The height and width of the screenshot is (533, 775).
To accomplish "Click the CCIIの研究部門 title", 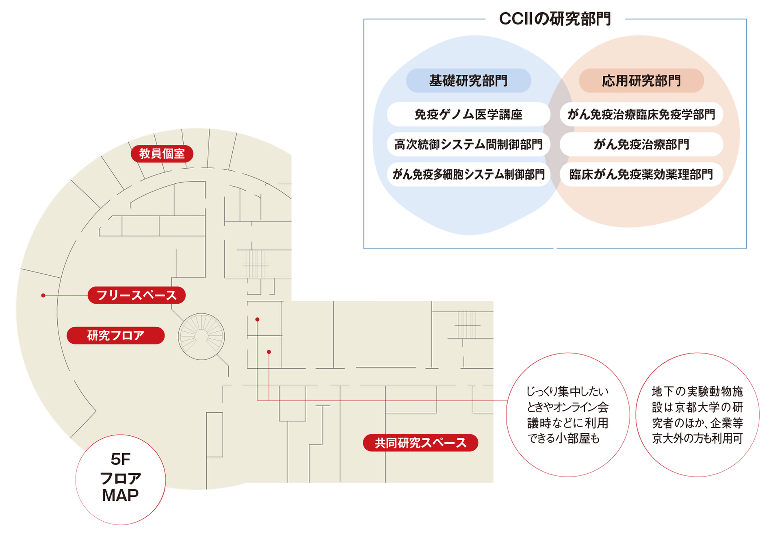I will click(x=554, y=19).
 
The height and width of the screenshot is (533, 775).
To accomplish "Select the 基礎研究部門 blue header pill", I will click(x=468, y=80).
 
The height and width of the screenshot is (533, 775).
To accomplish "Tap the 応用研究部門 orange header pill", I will click(x=641, y=80).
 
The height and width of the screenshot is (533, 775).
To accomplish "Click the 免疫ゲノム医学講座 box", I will click(x=468, y=114).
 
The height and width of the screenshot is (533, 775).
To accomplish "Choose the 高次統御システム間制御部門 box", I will click(x=468, y=144).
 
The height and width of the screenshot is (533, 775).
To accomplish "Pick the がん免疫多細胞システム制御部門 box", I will click(x=468, y=174).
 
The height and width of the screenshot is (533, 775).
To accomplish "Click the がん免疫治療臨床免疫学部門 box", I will click(x=641, y=114).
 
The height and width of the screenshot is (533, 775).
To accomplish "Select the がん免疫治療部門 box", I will click(x=641, y=144).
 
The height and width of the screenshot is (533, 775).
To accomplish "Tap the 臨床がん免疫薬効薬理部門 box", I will click(x=641, y=174).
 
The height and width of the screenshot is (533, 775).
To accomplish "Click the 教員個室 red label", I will click(x=162, y=154).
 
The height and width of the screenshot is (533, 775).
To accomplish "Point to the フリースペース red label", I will click(x=136, y=295).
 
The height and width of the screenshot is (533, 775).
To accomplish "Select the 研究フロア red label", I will click(x=116, y=335).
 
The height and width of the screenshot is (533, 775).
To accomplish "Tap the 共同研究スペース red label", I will click(x=420, y=443).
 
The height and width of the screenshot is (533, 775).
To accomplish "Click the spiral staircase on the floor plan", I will click(x=201, y=337).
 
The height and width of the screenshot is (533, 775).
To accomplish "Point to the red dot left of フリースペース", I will click(x=43, y=295).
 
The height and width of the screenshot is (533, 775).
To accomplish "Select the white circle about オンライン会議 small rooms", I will click(x=567, y=415).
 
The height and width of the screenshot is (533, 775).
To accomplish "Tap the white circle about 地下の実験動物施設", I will click(x=697, y=415).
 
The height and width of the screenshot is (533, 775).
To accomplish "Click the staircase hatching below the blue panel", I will click(x=467, y=324).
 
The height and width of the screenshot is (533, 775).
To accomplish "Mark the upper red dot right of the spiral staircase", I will click(x=257, y=320).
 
